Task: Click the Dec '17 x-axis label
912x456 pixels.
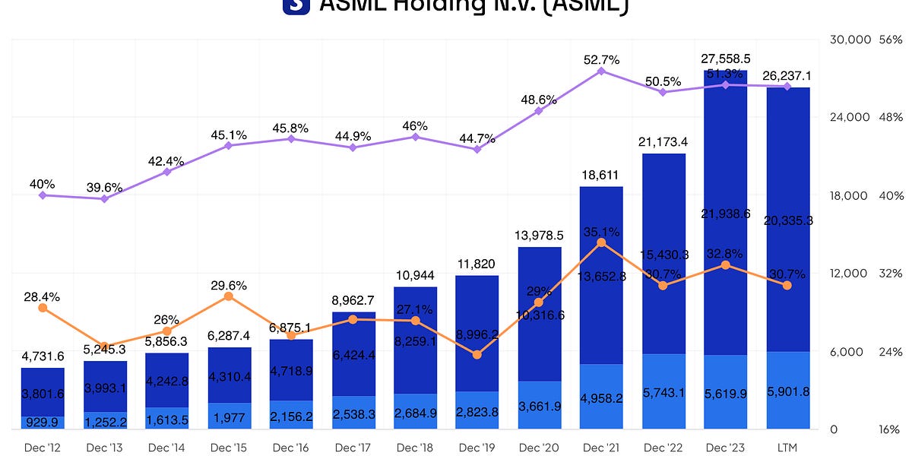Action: coord(353,448)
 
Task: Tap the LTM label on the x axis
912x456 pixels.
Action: coord(787,448)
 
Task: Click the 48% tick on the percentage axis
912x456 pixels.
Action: coord(891,118)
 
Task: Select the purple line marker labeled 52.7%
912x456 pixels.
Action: coord(601,71)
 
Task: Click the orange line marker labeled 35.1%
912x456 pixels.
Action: coord(601,242)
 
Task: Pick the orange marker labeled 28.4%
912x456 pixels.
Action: coord(43,308)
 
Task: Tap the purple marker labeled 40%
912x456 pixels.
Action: coord(43,195)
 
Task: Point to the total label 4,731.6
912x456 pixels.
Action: coord(43,356)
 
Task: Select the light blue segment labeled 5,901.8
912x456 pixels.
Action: coord(787,391)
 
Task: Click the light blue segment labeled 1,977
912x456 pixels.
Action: coord(229,416)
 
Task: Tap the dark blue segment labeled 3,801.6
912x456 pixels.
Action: coord(43,392)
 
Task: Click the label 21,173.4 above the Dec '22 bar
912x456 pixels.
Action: coord(663,141)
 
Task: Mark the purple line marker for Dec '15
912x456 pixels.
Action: coord(229,145)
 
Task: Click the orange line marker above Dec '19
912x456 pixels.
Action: coord(477,355)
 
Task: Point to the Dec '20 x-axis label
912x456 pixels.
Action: coord(539,448)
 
